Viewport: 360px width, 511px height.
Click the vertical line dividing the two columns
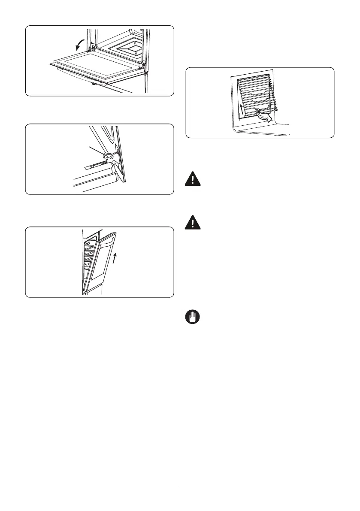(180, 257)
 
